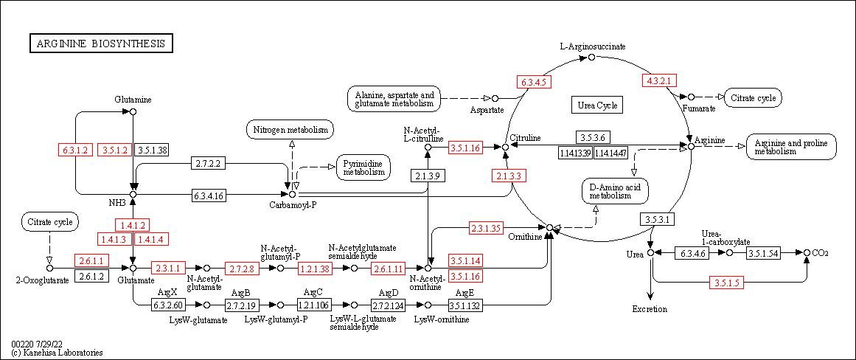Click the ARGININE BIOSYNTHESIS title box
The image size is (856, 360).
tap(101, 44)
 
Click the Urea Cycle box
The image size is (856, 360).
tap(597, 105)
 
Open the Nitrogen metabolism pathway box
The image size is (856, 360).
tap(290, 130)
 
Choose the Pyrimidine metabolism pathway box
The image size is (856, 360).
tap(363, 167)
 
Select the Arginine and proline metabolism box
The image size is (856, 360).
tap(791, 147)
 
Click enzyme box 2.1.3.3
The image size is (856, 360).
tap(509, 176)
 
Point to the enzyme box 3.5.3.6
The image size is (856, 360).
tap(592, 138)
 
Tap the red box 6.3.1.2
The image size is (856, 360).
tap(75, 150)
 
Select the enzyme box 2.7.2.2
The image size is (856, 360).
tap(207, 162)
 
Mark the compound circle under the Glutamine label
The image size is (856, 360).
tap(133, 111)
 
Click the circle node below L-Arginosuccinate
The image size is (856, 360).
tap(591, 57)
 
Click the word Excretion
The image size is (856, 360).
tap(650, 309)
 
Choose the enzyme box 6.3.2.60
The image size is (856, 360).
tap(168, 304)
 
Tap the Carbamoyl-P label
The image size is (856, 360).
tap(293, 204)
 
